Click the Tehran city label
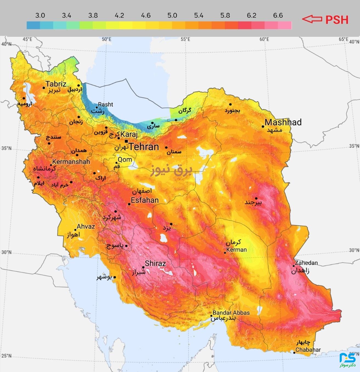[x=144, y=147]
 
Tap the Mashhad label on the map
[x=283, y=122]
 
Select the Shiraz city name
[x=155, y=264]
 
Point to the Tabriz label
[x=56, y=84]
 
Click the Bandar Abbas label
[x=231, y=313]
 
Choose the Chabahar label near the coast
[x=308, y=350]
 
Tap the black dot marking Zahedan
[x=293, y=266]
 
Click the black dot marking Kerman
[x=225, y=253]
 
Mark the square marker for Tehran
[x=126, y=141]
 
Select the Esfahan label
[x=145, y=200]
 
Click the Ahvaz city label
[x=86, y=227]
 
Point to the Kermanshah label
[x=71, y=162]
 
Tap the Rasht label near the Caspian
[x=105, y=104]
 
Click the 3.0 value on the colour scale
[x=40, y=15]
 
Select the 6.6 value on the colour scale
[x=278, y=15]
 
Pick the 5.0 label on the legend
[x=172, y=15]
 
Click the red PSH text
[x=337, y=20]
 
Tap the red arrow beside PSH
[x=312, y=19]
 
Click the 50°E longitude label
[x=107, y=39]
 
